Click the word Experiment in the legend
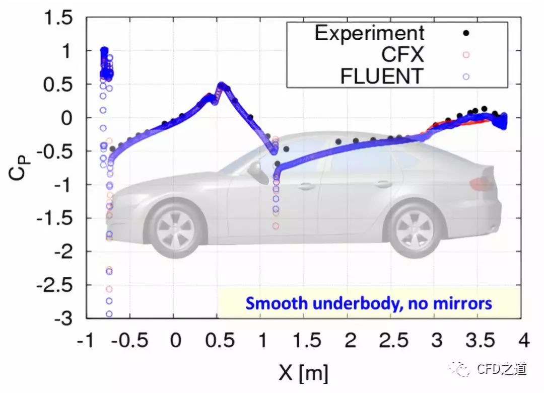click(x=369, y=33)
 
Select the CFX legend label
click(x=402, y=54)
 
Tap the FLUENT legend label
click(x=381, y=76)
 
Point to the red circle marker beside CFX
click(x=466, y=54)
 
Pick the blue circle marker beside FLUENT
click(x=466, y=76)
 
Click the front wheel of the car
click(x=175, y=227)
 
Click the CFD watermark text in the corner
click(x=501, y=369)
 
